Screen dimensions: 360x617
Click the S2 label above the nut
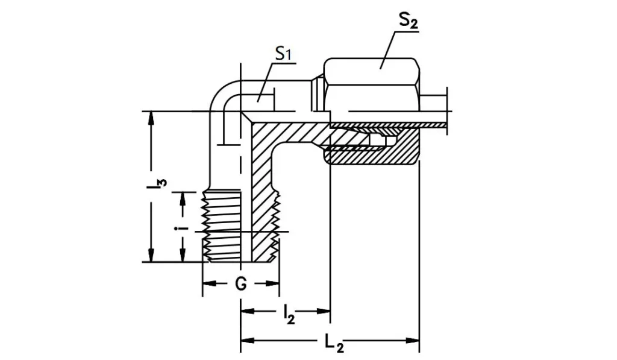[408, 21]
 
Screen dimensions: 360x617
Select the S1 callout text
[283, 54]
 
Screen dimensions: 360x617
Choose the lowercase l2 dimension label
[289, 314]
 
